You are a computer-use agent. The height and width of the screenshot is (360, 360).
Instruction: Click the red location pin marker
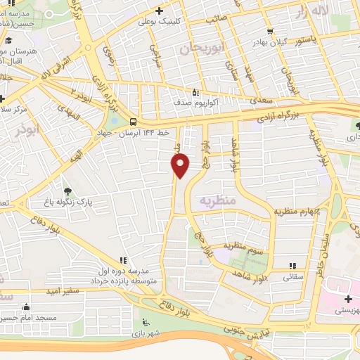click(x=181, y=165)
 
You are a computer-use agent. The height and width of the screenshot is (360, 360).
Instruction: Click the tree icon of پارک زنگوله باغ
click(x=67, y=191)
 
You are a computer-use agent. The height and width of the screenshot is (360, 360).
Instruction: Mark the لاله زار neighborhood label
click(x=311, y=12)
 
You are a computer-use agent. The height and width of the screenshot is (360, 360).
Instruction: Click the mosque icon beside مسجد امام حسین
click(x=26, y=307)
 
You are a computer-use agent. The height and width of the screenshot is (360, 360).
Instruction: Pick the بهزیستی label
click(x=345, y=309)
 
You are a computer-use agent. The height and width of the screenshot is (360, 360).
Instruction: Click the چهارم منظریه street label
click(x=297, y=211)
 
